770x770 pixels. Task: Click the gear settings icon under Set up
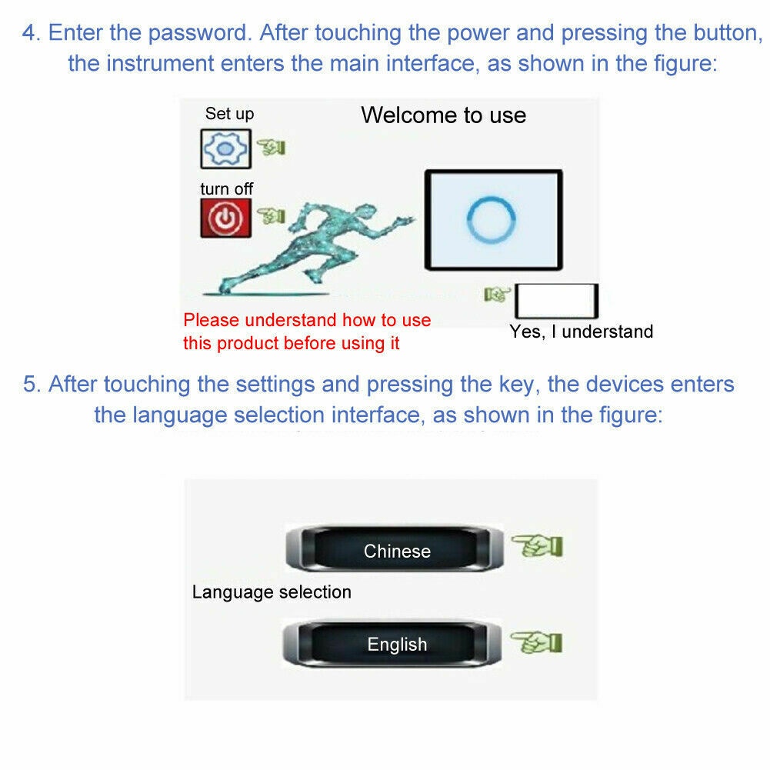[x=225, y=148]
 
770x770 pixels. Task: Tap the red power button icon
[x=225, y=218]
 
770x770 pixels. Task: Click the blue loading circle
[x=491, y=219]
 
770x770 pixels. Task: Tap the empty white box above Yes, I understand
[x=556, y=301]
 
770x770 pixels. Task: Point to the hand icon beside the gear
[x=271, y=147]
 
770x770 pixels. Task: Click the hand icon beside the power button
[x=271, y=215]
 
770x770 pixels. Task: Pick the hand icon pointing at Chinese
[x=537, y=545]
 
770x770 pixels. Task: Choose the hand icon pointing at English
[x=536, y=642]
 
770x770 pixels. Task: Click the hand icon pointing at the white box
[x=497, y=294]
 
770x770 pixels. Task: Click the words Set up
[x=229, y=114]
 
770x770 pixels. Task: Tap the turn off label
[x=226, y=188]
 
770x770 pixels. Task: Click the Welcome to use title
[x=443, y=115]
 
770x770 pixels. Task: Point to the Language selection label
[x=272, y=592]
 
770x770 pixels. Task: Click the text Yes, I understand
[x=582, y=332]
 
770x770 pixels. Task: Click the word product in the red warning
[x=248, y=343]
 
